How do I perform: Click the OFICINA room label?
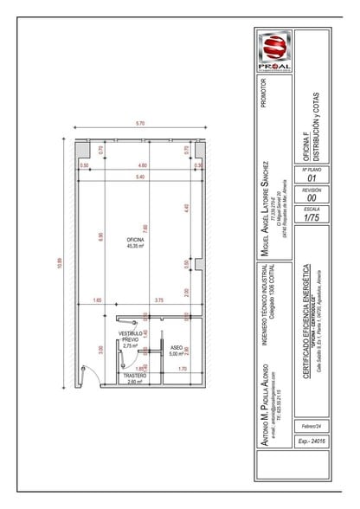click(135, 242)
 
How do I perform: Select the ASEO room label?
click(176, 351)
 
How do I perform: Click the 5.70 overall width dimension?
click(140, 125)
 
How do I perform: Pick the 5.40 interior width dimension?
click(140, 177)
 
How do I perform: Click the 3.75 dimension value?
click(159, 300)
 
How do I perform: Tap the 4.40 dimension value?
click(186, 209)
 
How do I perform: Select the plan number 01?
click(312, 178)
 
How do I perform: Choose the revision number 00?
click(312, 198)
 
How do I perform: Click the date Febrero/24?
click(312, 427)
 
